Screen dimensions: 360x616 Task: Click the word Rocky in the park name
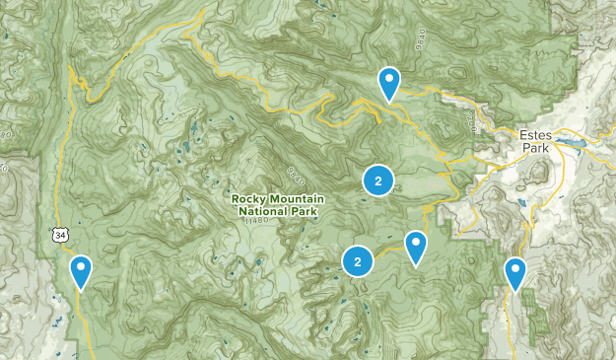249,198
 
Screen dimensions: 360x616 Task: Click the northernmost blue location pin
389,82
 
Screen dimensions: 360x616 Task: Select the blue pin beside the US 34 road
81,270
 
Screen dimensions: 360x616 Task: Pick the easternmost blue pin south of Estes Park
514,272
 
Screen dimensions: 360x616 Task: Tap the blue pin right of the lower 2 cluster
416,247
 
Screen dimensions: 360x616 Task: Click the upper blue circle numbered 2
377,180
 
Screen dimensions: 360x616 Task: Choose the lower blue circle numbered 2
357,261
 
